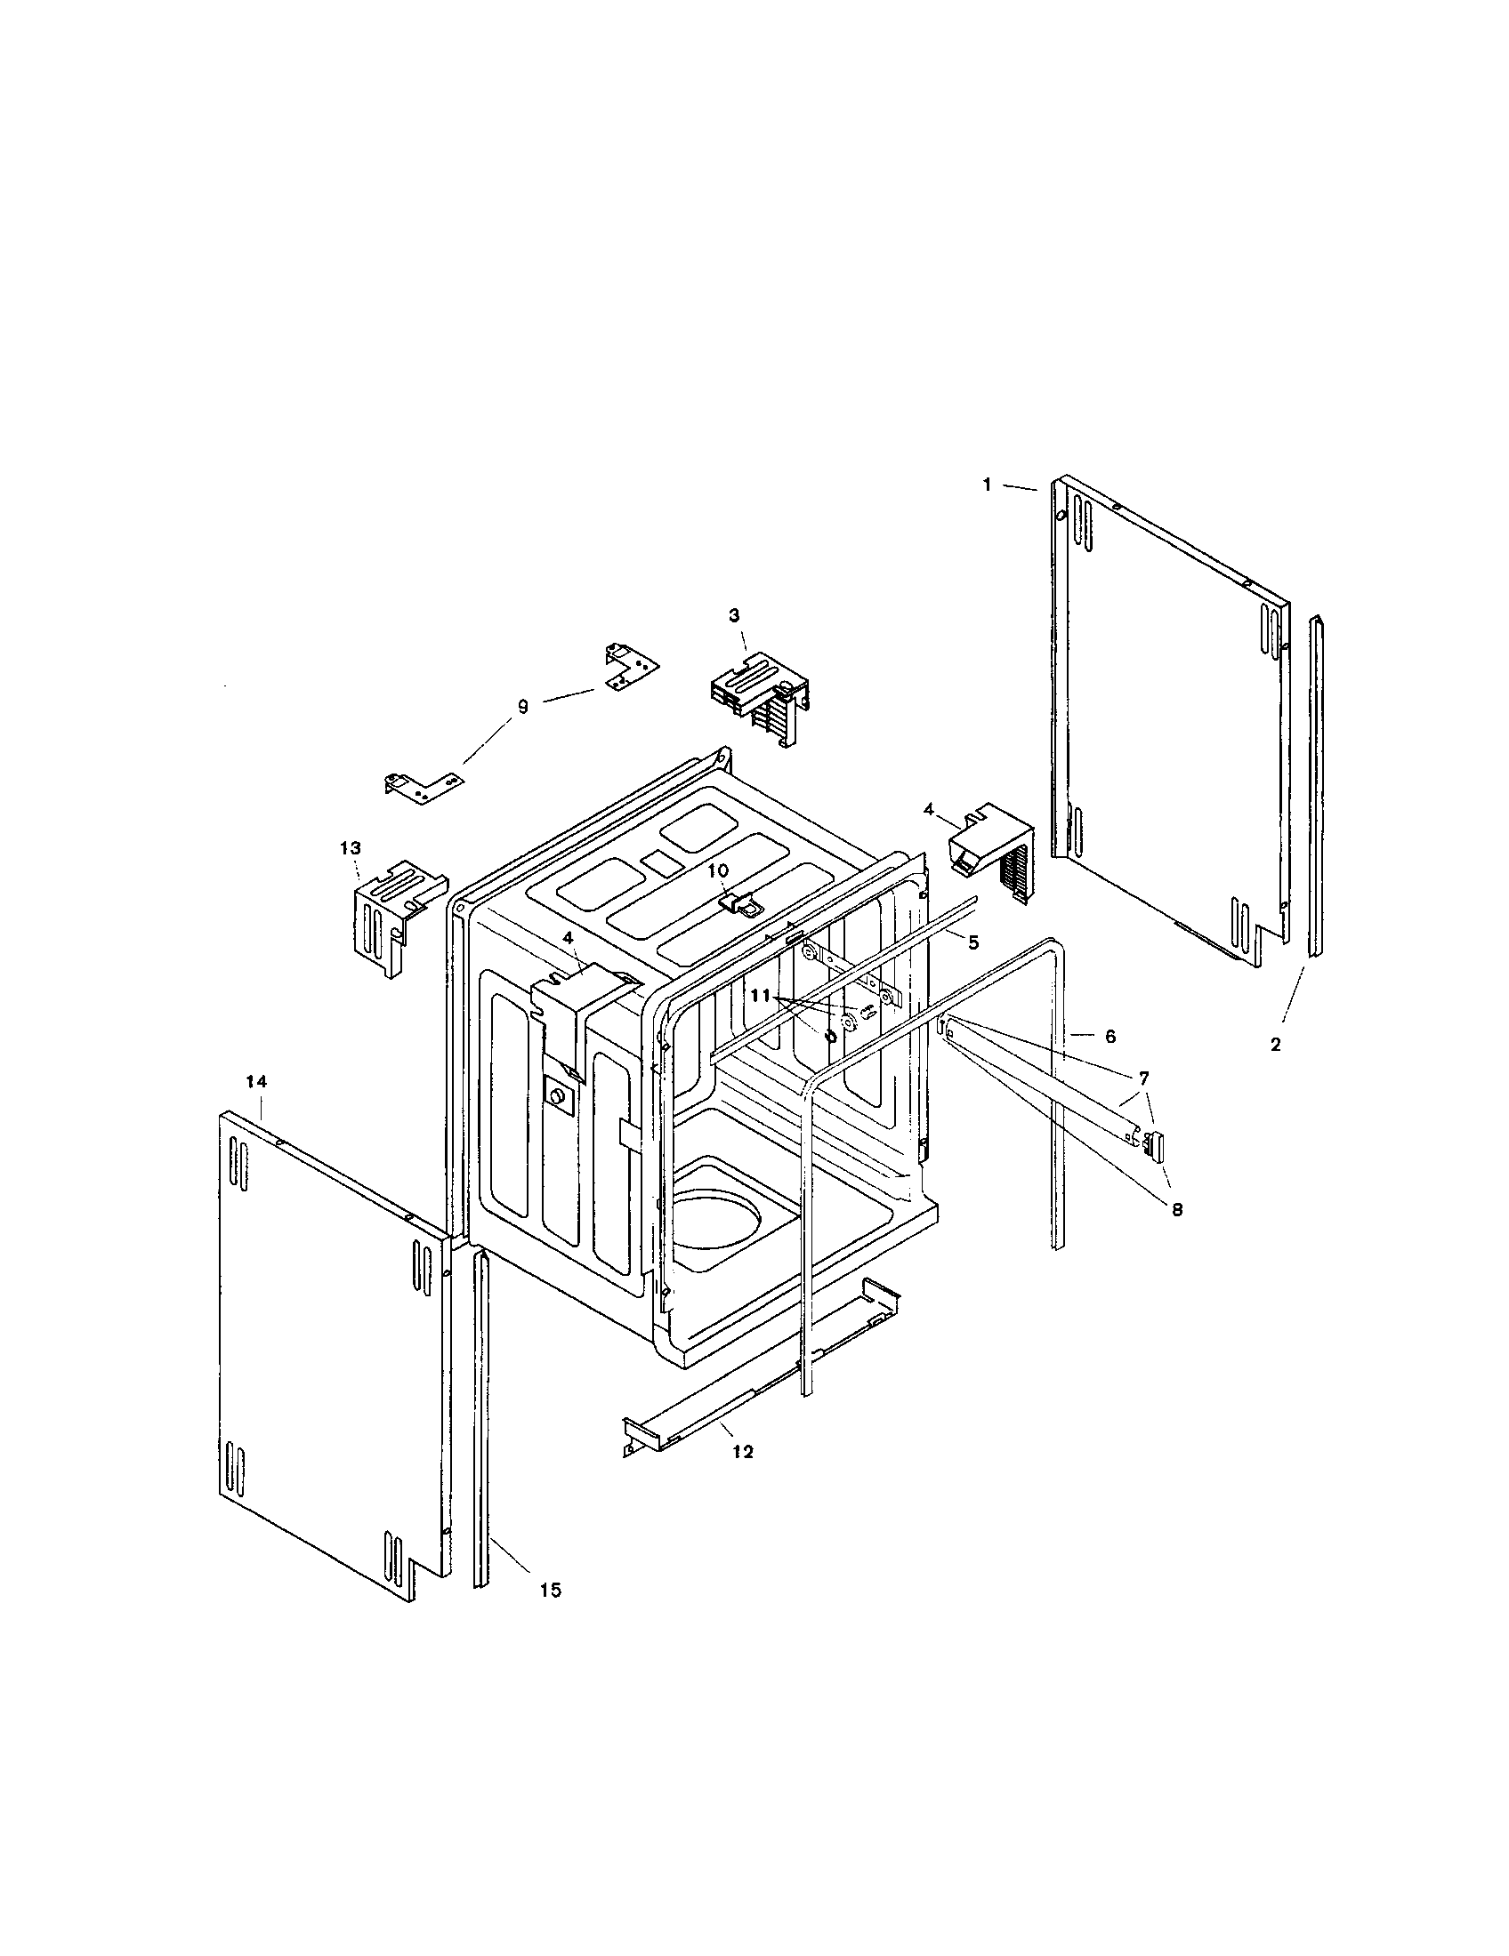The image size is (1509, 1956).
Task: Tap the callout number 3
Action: click(x=734, y=615)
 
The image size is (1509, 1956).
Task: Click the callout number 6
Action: click(x=1110, y=1036)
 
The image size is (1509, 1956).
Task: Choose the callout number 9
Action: click(x=522, y=707)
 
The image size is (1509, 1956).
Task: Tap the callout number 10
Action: click(x=719, y=870)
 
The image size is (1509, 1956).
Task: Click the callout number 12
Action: click(x=742, y=1452)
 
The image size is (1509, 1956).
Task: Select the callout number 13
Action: click(x=351, y=847)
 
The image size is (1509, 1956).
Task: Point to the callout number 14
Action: click(x=256, y=1082)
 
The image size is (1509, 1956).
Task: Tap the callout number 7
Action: click(x=1144, y=1078)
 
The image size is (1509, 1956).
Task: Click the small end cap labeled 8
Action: click(x=1154, y=1143)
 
